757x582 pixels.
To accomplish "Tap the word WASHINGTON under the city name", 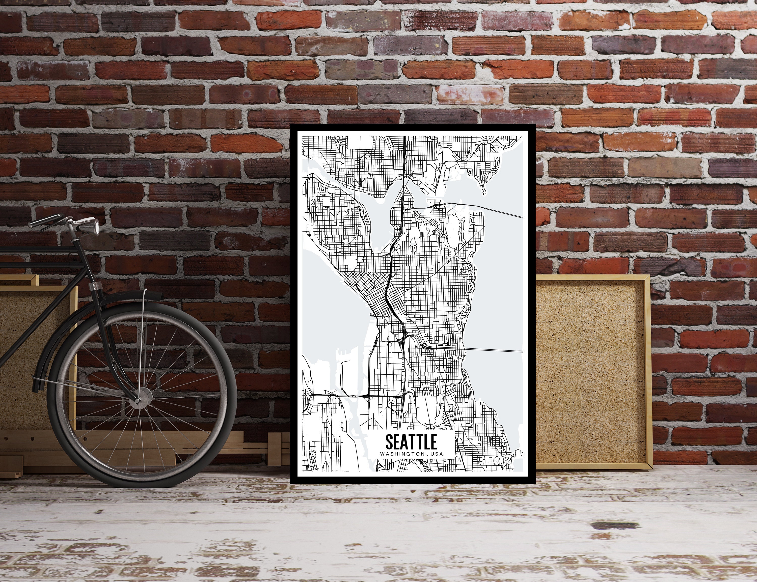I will pyautogui.click(x=403, y=454).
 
